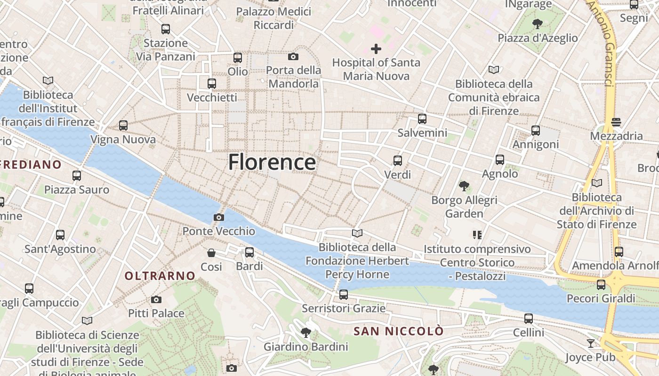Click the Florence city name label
272,163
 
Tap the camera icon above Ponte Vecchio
218,217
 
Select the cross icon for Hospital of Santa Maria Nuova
376,48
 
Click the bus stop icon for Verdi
398,161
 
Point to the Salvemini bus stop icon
422,119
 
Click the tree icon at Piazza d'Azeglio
537,23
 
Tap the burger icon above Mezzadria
616,122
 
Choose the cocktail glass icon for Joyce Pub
590,343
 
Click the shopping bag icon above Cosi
211,253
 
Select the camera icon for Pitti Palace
156,299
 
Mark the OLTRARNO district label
160,276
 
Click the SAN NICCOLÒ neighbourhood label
398,331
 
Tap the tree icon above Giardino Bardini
305,333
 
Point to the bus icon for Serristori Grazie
344,295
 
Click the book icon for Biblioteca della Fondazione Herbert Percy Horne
357,233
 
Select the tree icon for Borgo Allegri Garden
464,186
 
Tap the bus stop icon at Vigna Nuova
123,125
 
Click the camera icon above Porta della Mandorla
293,57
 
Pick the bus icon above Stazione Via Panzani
166,29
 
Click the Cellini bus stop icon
529,319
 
